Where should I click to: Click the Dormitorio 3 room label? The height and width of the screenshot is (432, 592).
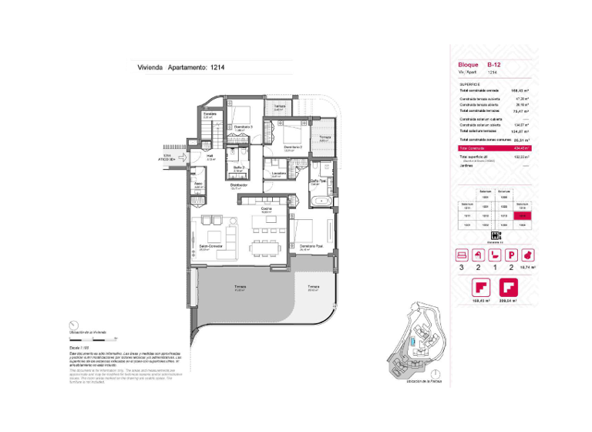tap(244, 127)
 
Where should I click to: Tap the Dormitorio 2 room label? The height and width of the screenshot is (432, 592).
tap(292, 147)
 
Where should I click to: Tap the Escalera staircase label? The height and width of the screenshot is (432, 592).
tap(209, 114)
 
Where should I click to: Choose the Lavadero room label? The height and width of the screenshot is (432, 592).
tap(278, 174)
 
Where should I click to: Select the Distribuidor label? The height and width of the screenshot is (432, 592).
tap(238, 185)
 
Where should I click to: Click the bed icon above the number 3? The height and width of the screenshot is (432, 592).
tap(462, 254)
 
